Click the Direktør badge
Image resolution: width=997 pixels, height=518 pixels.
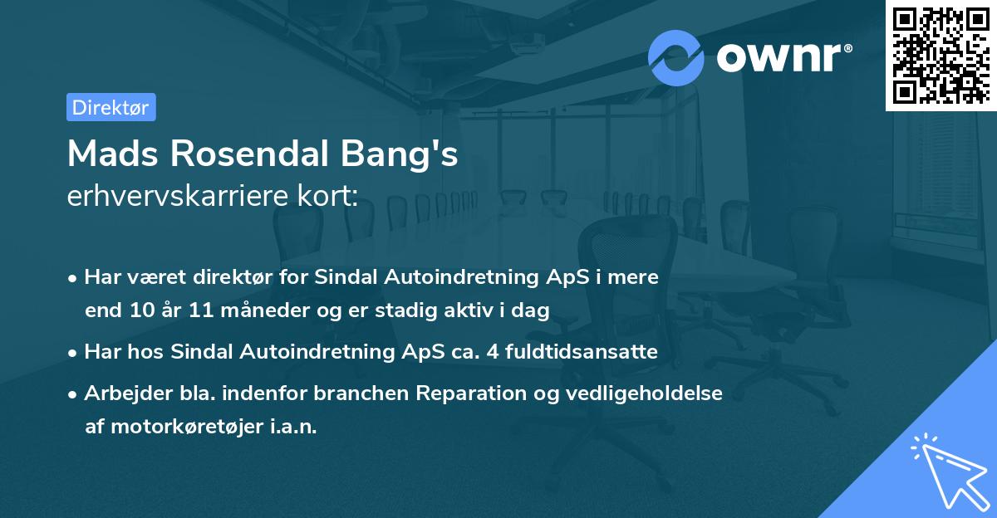click(x=111, y=107)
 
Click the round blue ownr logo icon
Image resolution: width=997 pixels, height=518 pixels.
click(x=675, y=57)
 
